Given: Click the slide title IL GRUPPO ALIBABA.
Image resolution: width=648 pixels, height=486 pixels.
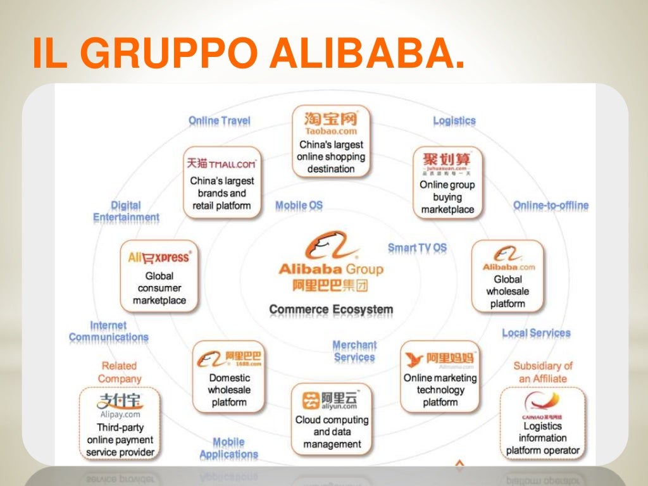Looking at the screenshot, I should click(x=247, y=54).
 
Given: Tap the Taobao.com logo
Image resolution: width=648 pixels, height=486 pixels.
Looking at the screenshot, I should click(x=331, y=123).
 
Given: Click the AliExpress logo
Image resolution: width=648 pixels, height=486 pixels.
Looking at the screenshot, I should click(x=159, y=257).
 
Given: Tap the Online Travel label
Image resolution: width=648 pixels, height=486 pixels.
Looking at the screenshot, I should click(x=219, y=121).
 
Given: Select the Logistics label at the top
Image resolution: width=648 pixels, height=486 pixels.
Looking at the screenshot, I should click(x=454, y=121).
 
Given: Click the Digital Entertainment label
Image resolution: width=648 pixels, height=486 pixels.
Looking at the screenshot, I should click(x=126, y=211).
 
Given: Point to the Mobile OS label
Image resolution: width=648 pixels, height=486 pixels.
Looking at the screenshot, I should click(x=299, y=206).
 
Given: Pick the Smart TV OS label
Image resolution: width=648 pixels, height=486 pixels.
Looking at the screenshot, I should click(x=417, y=248).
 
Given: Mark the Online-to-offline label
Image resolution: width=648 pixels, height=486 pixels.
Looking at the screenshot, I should click(x=551, y=206).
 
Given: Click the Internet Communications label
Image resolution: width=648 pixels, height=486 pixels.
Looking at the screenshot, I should click(x=108, y=332).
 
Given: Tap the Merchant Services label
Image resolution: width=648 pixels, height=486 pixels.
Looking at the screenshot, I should click(x=354, y=351).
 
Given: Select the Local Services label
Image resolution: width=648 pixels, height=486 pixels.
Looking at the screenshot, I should click(x=536, y=333).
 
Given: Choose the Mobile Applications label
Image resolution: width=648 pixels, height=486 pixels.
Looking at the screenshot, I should click(x=228, y=448).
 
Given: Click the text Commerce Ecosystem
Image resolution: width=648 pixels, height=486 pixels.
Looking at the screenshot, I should click(x=331, y=310).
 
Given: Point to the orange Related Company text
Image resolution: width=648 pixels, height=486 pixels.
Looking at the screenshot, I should click(x=119, y=372).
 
